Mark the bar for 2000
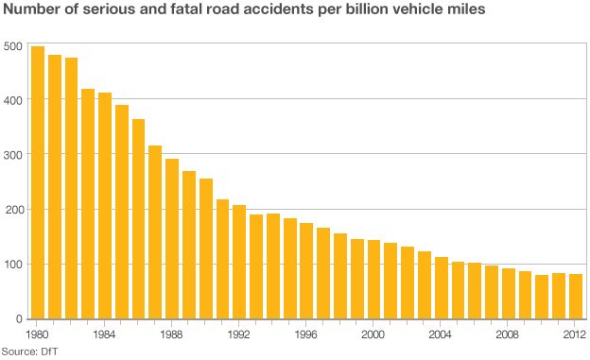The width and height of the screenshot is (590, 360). (x=373, y=280)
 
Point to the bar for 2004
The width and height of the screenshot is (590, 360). (x=442, y=288)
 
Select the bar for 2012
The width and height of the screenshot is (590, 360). (x=576, y=297)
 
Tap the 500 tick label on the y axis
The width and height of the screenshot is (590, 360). (x=13, y=46)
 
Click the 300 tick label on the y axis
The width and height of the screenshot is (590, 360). (x=13, y=155)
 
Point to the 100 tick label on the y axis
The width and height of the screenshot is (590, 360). (x=13, y=265)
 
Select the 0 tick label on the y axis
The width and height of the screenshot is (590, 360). (x=19, y=319)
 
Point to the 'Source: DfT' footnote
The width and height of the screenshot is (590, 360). (x=30, y=351)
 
